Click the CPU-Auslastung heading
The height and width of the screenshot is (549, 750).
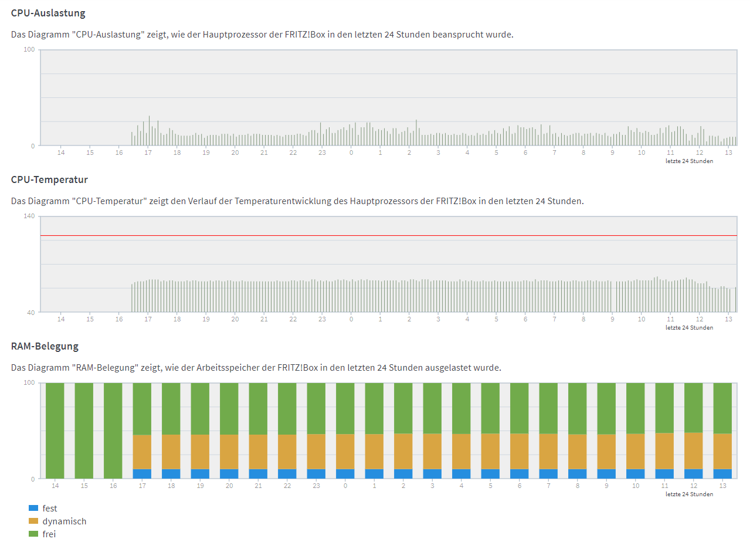pyautogui.click(x=48, y=13)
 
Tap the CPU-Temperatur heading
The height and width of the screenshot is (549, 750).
pyautogui.click(x=49, y=180)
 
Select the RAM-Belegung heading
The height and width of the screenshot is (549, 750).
pyautogui.click(x=45, y=346)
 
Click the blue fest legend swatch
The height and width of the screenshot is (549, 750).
pyautogui.click(x=33, y=508)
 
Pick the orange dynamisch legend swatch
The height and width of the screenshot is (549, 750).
pyautogui.click(x=33, y=521)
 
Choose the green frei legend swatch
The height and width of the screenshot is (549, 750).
pyautogui.click(x=33, y=534)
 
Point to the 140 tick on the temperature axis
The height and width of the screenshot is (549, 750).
pyautogui.click(x=29, y=216)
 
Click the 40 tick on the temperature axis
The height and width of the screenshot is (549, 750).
pyautogui.click(x=30, y=313)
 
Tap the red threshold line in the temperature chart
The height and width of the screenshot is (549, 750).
pyautogui.click(x=389, y=236)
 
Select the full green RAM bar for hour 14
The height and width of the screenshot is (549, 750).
pyautogui.click(x=55, y=431)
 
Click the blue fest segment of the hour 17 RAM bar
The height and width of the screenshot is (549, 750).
pyautogui.click(x=142, y=474)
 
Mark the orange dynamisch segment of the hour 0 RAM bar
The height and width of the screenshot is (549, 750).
pyautogui.click(x=345, y=452)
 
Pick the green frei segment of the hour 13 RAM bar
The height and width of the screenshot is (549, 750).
pyautogui.click(x=722, y=408)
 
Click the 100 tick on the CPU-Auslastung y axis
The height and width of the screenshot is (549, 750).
pyautogui.click(x=29, y=50)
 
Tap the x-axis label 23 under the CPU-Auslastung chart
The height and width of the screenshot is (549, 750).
pyautogui.click(x=322, y=152)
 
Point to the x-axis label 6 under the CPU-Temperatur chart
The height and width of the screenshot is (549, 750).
pyautogui.click(x=525, y=319)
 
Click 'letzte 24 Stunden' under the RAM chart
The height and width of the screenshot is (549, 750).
pyautogui.click(x=689, y=494)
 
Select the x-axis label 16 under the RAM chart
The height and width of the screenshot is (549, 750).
pyautogui.click(x=113, y=486)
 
